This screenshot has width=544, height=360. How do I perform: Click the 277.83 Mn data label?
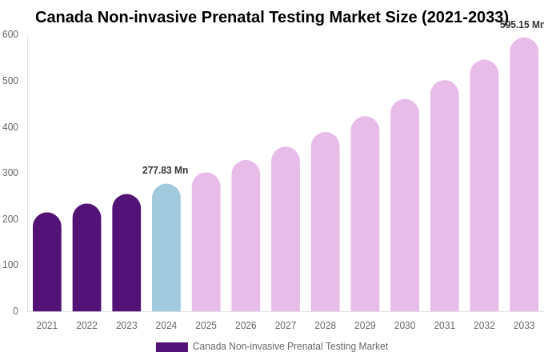click(x=166, y=170)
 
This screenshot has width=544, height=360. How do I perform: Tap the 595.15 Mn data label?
click(x=522, y=25)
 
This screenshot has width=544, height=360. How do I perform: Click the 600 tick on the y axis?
click(x=10, y=34)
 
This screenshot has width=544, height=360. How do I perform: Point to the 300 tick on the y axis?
click(x=10, y=173)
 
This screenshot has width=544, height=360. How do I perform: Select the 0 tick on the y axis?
click(x=15, y=311)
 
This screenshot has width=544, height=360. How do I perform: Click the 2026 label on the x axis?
click(x=246, y=326)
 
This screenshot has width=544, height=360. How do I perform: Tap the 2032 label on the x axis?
click(x=484, y=326)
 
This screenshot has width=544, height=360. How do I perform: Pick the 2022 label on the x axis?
click(x=86, y=326)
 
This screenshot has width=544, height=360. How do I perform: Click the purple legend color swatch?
click(x=172, y=347)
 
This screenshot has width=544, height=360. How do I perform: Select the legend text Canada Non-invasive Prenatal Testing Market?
click(x=290, y=346)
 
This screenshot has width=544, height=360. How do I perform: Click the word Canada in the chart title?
click(x=64, y=17)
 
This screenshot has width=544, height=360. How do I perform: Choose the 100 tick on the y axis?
click(x=10, y=265)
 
